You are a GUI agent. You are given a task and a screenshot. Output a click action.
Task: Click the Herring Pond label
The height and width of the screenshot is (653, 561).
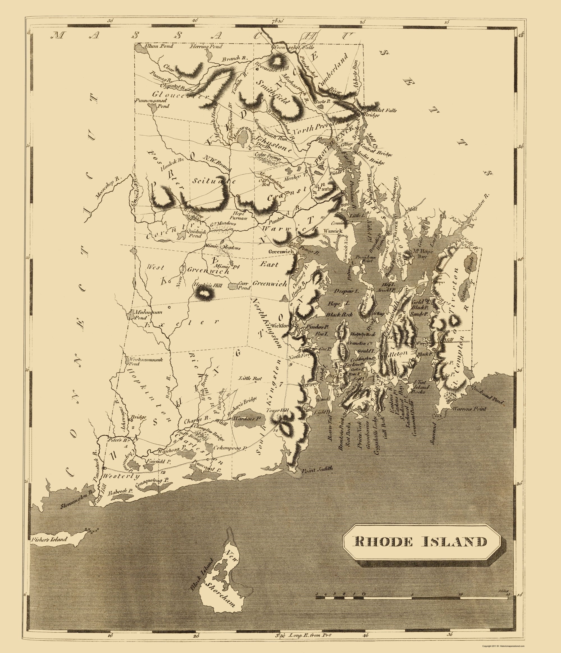[206, 47]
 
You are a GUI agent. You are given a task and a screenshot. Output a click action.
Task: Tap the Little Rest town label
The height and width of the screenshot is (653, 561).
[249, 378]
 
